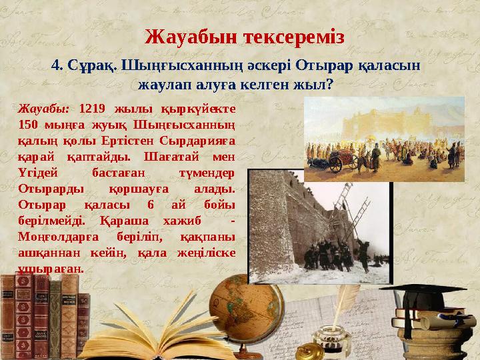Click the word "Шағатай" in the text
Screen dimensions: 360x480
[167, 157]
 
